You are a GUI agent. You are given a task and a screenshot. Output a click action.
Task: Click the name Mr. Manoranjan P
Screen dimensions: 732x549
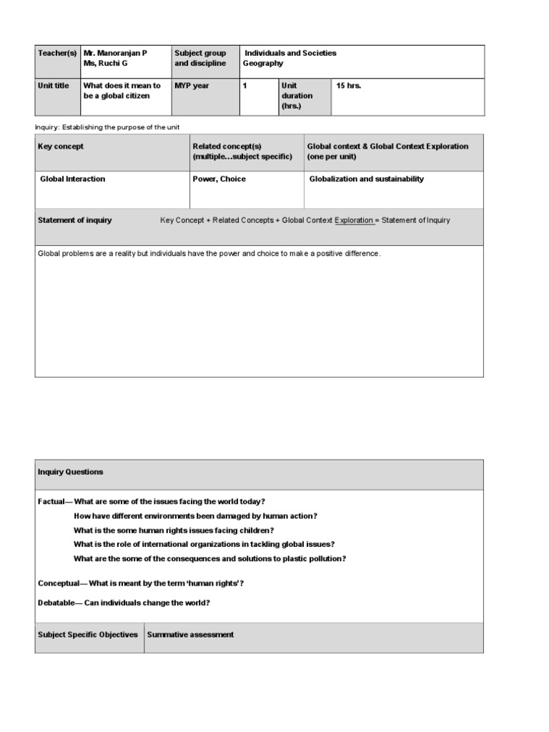click(x=115, y=53)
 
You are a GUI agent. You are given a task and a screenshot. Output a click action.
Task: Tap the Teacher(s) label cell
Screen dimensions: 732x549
click(x=57, y=53)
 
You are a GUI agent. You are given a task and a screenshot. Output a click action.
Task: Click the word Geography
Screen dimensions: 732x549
click(x=263, y=64)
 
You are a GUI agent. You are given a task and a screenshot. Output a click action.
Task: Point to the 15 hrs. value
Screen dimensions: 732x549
click(x=349, y=86)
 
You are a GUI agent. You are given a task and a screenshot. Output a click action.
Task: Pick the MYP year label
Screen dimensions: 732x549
click(x=192, y=86)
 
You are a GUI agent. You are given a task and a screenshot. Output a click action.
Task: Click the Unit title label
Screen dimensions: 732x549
click(x=54, y=86)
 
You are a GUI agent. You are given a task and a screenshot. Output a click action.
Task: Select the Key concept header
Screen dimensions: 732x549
click(x=61, y=147)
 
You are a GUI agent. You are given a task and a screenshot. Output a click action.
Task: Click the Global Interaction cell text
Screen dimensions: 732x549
click(x=72, y=179)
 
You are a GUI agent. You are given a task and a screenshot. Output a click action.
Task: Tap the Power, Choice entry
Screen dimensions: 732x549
click(x=219, y=179)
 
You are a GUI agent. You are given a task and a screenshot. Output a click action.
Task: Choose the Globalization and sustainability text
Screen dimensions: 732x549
click(x=366, y=179)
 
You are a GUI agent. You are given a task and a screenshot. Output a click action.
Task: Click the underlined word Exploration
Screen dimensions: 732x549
click(x=354, y=220)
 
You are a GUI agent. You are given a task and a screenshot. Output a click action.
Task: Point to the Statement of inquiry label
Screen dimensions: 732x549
click(x=74, y=220)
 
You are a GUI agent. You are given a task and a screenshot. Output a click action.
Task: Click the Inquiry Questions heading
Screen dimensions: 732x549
click(x=70, y=472)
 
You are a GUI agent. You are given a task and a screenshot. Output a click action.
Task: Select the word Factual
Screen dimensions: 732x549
click(x=51, y=502)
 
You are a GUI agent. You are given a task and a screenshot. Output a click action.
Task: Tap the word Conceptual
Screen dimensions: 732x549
click(x=58, y=583)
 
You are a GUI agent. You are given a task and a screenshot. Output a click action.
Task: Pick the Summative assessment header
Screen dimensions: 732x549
click(x=190, y=635)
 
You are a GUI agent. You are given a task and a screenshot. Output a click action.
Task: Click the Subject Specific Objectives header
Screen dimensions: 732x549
click(x=88, y=635)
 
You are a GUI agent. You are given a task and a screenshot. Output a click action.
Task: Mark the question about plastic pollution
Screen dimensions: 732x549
click(x=209, y=559)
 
